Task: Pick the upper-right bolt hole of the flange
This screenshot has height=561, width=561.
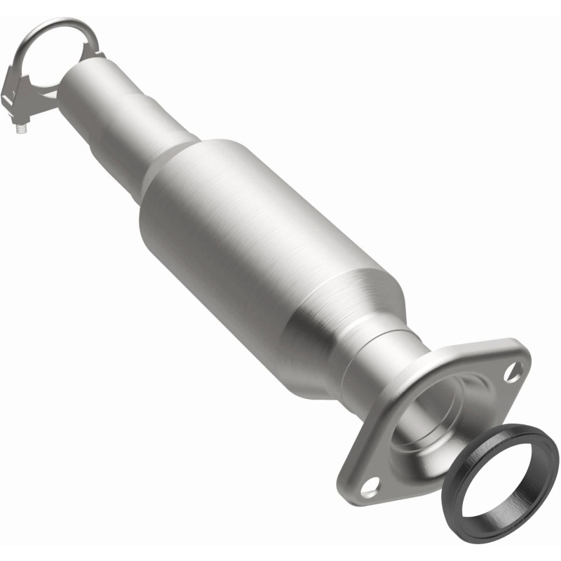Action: (514, 370)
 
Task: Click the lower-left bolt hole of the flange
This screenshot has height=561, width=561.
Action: (372, 484)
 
